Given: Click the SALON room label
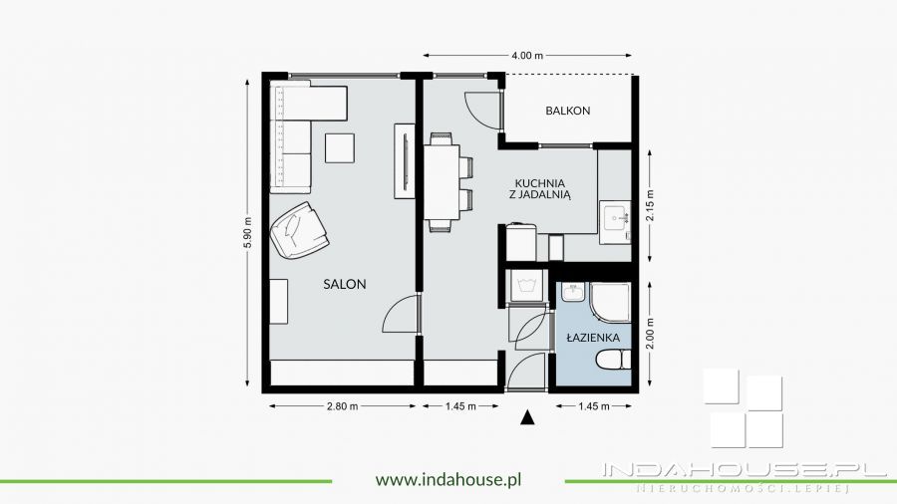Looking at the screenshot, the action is [345, 284].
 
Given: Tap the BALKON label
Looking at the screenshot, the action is [567, 111].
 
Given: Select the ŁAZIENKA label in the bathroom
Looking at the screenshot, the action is [593, 337].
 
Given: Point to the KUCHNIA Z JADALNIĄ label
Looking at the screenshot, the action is [540, 188].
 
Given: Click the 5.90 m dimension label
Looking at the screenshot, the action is [248, 232].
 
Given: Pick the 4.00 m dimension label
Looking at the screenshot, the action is [527, 56].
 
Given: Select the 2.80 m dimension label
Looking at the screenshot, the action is [342, 406].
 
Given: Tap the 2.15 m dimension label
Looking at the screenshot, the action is [649, 205].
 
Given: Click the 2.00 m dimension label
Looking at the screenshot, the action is [649, 334].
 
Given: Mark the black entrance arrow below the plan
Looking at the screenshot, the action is [527, 418].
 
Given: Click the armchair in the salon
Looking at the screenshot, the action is [299, 230].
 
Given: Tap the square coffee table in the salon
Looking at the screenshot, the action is [340, 148].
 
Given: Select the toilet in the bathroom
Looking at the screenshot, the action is [613, 361].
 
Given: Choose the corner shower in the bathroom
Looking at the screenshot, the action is [610, 302].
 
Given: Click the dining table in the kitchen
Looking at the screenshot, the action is [442, 181].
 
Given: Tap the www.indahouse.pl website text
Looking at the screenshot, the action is [448, 479].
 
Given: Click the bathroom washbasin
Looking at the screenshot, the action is [572, 292].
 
